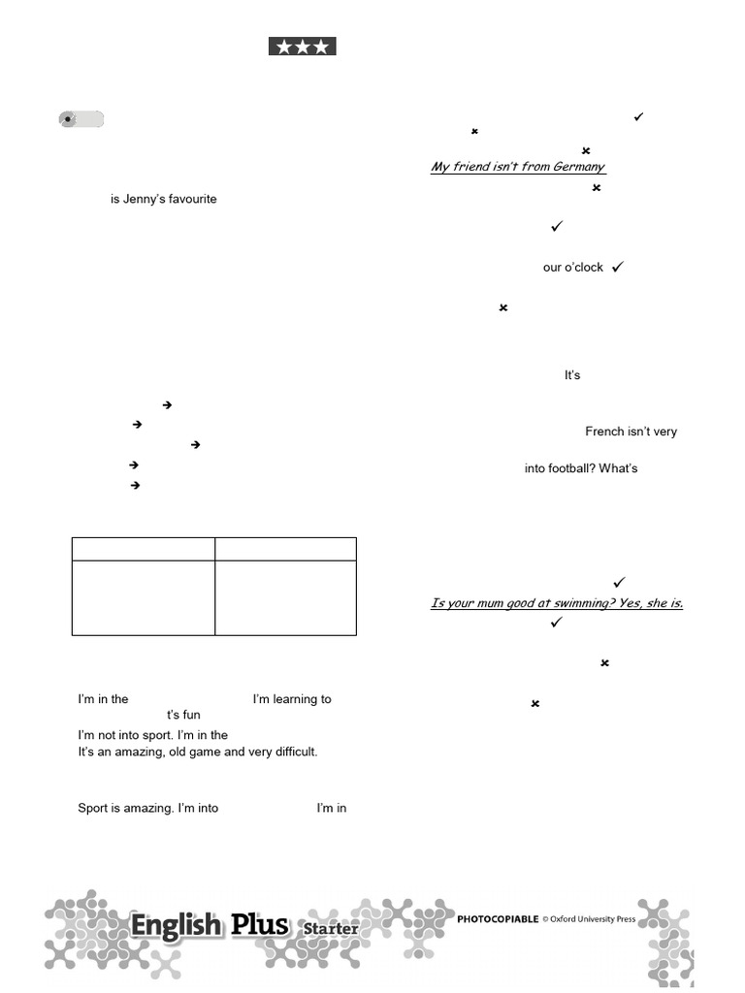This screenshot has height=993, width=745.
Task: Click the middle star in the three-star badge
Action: coord(302,47)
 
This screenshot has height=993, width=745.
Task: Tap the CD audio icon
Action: coord(68,120)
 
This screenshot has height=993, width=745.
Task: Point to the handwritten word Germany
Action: coord(578,167)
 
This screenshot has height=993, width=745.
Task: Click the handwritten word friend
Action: coord(474,167)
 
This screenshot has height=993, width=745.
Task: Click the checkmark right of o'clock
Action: coord(618,266)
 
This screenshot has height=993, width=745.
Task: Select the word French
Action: coord(604,432)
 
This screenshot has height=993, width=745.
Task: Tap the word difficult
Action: coord(294,752)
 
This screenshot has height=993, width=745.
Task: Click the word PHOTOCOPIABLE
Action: coord(498,919)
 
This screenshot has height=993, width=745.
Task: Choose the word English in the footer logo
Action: coord(176,926)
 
